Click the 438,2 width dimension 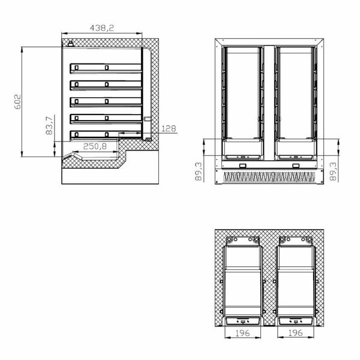[102, 27]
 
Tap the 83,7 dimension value [49, 127]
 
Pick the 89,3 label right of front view [334, 170]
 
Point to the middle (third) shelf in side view [107, 101]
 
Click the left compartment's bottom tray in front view [242, 146]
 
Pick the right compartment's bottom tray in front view [294, 146]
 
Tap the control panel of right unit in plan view [294, 320]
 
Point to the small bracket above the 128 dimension [146, 119]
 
